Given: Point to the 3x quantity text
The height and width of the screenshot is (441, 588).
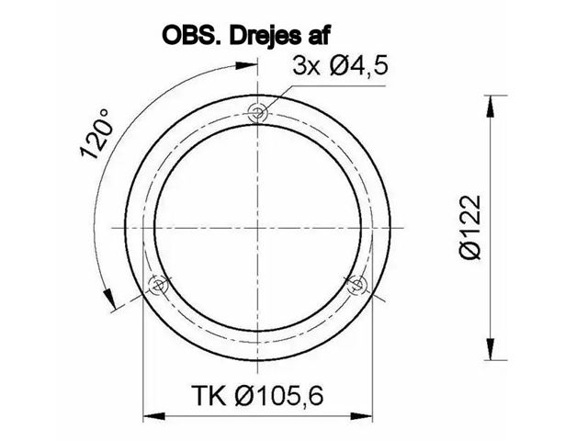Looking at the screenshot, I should pos(306,66).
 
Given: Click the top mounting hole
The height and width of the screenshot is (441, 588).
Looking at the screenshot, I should pos(258,112).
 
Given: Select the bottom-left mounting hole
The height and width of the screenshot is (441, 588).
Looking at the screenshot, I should pos(158,285).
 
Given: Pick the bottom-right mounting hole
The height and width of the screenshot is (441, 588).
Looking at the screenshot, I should pos(358,285).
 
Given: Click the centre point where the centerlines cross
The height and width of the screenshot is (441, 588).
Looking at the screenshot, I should pos(258,227).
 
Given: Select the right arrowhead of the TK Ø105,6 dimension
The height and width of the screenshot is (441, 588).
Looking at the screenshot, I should pos(367,418).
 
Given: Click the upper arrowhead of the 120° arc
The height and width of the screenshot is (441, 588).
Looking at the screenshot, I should pos(248,63).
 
